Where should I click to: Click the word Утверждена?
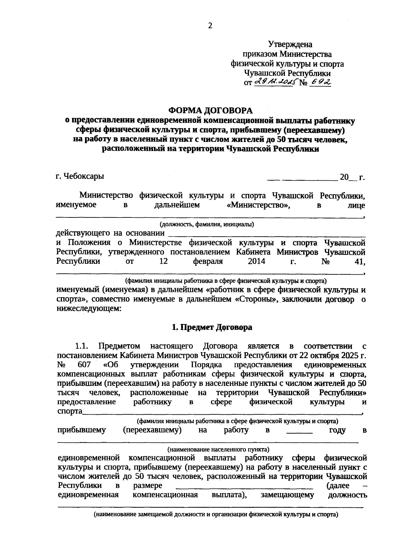[290, 44]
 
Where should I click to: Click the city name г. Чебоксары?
[80, 176]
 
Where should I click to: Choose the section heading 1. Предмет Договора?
[212, 327]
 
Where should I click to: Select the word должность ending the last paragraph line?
[347, 495]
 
